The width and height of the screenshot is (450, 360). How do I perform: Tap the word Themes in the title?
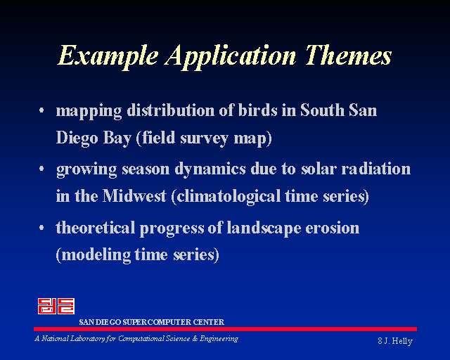pyautogui.click(x=348, y=55)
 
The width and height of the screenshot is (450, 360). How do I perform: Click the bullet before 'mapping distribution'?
pyautogui.click(x=41, y=110)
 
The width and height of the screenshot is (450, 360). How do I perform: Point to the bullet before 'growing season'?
pyautogui.click(x=41, y=169)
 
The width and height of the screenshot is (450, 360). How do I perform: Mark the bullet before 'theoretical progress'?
pyautogui.click(x=41, y=228)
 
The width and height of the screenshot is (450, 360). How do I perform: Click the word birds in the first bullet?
pyautogui.click(x=258, y=110)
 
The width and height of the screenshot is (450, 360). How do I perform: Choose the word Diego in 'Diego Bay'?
pyautogui.click(x=77, y=138)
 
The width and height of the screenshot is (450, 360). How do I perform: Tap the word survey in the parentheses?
pyautogui.click(x=205, y=139)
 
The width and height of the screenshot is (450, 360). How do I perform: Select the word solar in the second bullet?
pyautogui.click(x=319, y=168)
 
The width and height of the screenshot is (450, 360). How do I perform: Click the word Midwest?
pyautogui.click(x=134, y=196)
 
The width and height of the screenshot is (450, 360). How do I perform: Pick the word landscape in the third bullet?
pyautogui.click(x=264, y=229)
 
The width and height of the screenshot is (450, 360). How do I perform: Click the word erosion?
pyautogui.click(x=333, y=229)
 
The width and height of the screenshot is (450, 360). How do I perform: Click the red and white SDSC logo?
pyautogui.click(x=56, y=306)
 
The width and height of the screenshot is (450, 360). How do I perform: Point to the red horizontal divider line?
pyautogui.click(x=225, y=329)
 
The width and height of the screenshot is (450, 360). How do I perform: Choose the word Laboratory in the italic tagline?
pyautogui.click(x=88, y=339)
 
